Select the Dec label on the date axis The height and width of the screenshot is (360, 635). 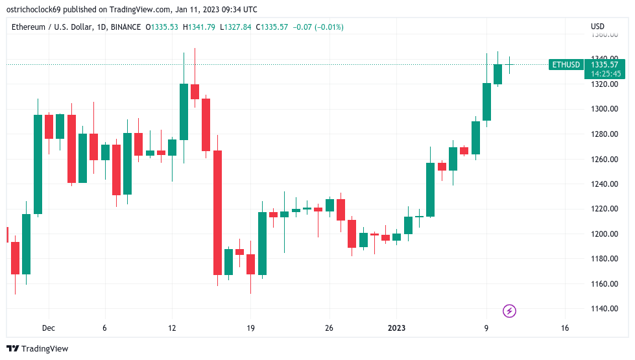[49, 328]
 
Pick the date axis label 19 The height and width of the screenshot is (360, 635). [250, 328]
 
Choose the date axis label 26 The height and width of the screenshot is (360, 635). [329, 328]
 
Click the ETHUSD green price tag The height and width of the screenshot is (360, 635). [565, 65]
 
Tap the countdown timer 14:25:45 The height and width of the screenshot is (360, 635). [606, 74]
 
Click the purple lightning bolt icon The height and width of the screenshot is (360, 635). [510, 311]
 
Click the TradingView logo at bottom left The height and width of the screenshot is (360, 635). [37, 349]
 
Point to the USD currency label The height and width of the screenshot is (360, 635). [597, 27]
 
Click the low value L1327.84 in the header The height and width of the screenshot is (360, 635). [237, 27]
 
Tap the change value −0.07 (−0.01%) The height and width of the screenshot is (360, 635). [319, 27]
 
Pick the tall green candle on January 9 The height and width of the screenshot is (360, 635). [486, 102]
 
